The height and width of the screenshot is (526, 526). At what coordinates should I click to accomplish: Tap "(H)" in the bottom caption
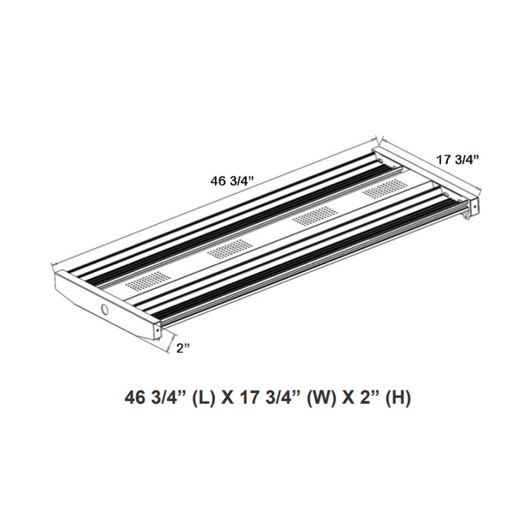tap(398, 400)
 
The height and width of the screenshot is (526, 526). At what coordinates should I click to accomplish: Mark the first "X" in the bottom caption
tap(228, 400)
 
